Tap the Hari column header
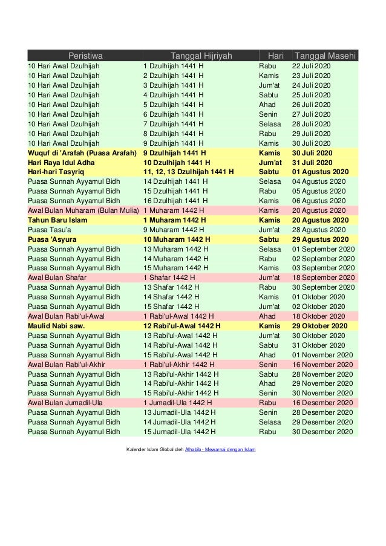(x=275, y=56)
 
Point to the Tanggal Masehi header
(x=325, y=56)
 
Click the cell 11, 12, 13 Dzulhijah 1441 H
(x=188, y=172)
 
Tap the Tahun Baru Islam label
(x=57, y=220)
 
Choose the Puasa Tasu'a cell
(x=50, y=230)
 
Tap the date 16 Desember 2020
(x=322, y=403)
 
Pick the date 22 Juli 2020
(x=312, y=66)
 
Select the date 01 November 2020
(x=322, y=355)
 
